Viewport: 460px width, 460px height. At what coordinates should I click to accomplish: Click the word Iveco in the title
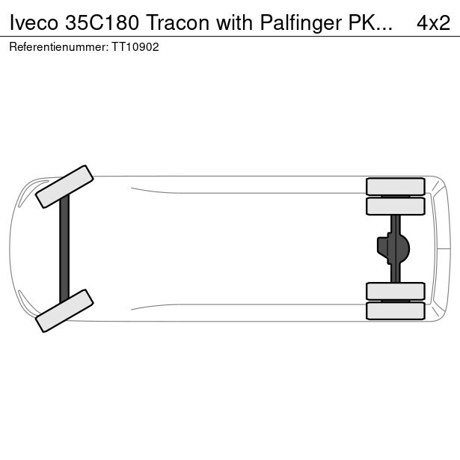click(34, 23)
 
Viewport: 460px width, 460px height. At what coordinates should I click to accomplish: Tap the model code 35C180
click(102, 23)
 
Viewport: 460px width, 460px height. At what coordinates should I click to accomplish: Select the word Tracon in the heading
click(177, 23)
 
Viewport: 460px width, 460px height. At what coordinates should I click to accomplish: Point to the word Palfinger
click(301, 23)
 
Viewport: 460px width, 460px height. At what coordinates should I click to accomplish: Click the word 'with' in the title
click(234, 23)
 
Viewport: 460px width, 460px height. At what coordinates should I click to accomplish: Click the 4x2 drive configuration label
click(433, 23)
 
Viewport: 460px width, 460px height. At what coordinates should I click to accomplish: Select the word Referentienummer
click(58, 47)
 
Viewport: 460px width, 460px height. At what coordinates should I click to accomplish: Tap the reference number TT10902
click(135, 47)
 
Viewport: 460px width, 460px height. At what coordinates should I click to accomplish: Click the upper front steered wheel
click(64, 186)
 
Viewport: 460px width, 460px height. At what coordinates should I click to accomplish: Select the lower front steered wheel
click(64, 310)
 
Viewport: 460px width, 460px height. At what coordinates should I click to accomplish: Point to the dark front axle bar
click(64, 249)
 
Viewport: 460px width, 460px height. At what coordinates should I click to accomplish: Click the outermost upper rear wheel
click(396, 186)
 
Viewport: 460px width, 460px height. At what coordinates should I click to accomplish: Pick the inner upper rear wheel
click(396, 206)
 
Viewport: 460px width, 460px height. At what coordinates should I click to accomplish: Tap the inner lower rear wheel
click(396, 291)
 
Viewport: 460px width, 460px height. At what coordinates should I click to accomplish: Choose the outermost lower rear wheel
click(396, 310)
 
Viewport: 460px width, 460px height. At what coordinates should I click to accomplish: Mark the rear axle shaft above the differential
click(396, 224)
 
